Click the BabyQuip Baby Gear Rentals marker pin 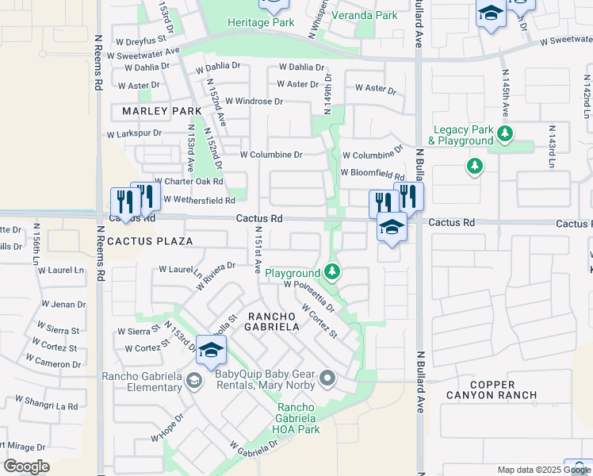pos(327,377)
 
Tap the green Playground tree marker pos(332,272)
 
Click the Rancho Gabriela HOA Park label pos(296,418)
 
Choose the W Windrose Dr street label pos(254,102)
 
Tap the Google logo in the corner pos(26,466)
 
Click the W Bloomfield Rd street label pos(373,173)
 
